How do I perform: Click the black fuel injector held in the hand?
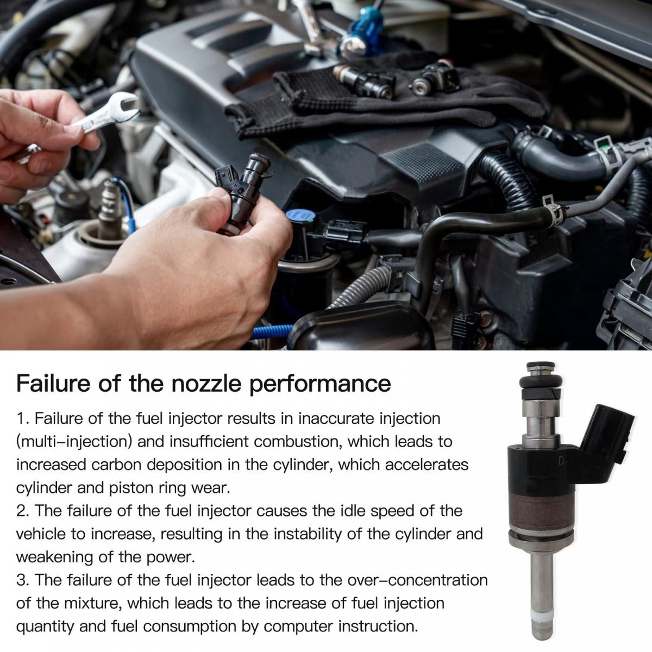pos(242,193)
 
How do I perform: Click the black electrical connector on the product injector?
pos(606,431)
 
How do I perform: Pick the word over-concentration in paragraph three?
pos(417,581)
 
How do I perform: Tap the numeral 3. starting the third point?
pos(23,581)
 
